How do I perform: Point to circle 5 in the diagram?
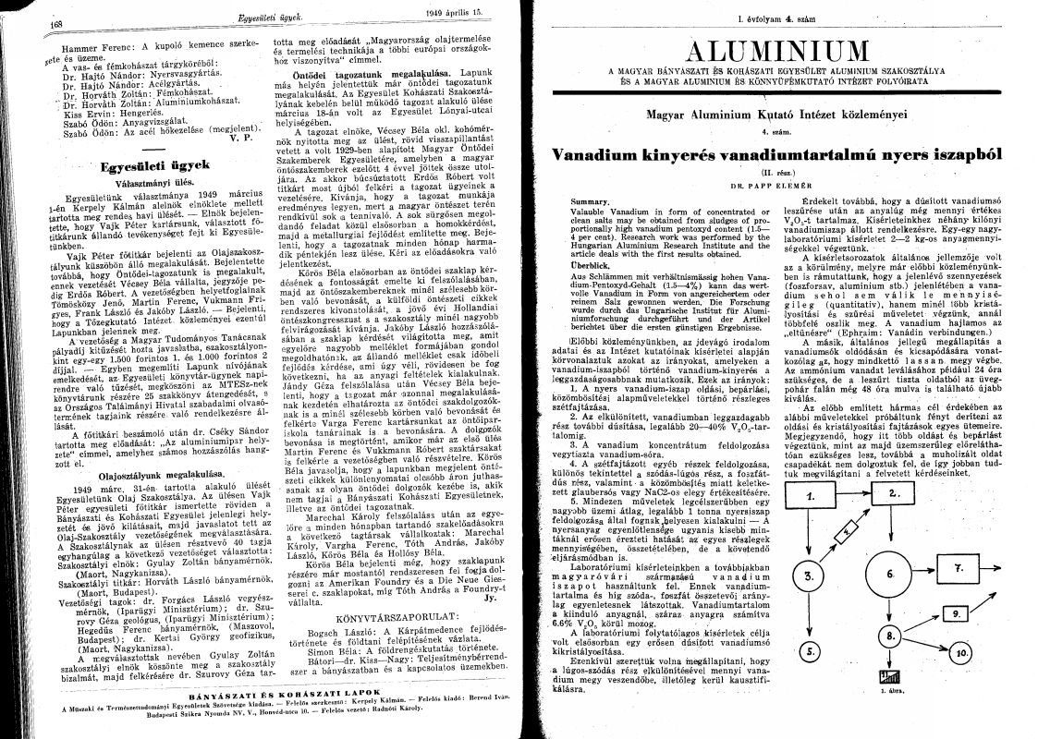point(810,650)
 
